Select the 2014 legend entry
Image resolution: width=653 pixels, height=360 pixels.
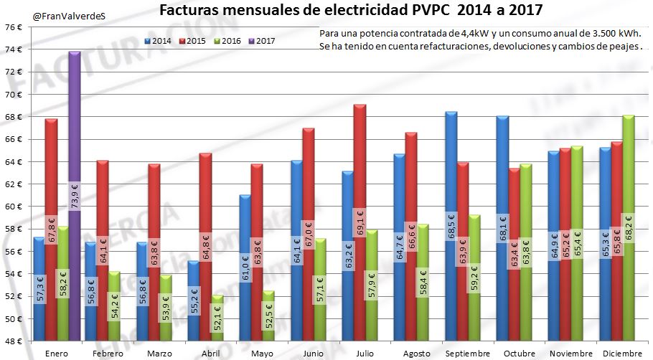[x=158, y=41]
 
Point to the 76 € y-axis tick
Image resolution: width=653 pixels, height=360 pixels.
[x=13, y=27]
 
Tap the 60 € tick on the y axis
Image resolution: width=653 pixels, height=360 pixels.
[x=13, y=207]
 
